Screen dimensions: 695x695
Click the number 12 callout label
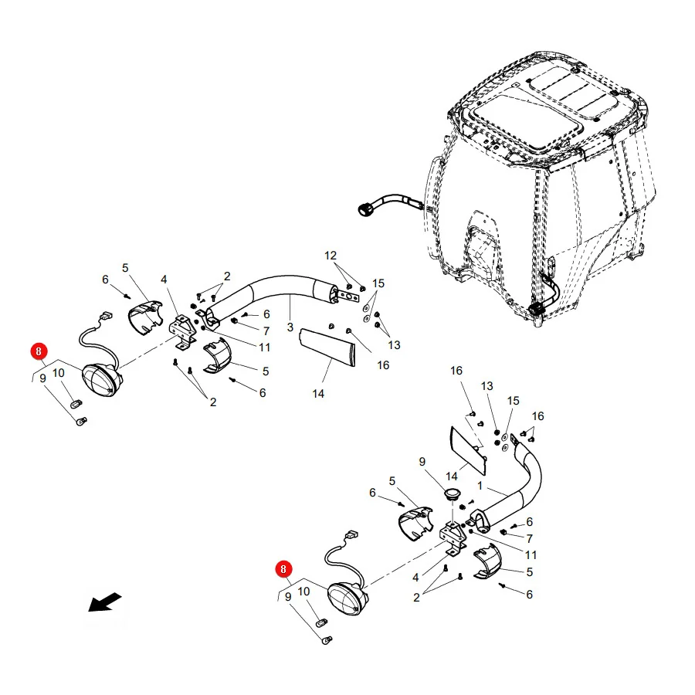click(331, 256)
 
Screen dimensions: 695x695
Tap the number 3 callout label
click(290, 327)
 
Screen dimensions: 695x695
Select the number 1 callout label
click(480, 486)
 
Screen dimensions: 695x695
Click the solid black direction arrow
click(104, 602)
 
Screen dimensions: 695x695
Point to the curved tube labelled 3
click(283, 284)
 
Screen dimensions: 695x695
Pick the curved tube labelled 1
click(519, 492)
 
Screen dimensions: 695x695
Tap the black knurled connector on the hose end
click(364, 209)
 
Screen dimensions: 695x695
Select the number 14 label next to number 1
click(451, 476)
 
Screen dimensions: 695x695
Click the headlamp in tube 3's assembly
click(103, 380)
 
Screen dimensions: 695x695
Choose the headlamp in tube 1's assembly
click(348, 598)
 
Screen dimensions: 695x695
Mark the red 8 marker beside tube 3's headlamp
click(39, 351)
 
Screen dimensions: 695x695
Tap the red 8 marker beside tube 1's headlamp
click(283, 569)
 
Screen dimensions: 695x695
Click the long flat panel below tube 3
click(328, 347)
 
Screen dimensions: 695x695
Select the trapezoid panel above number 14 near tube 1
click(468, 450)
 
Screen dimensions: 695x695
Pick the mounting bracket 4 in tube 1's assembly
click(453, 538)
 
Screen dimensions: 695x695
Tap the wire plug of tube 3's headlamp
click(107, 316)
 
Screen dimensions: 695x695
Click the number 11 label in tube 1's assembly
click(531, 555)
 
